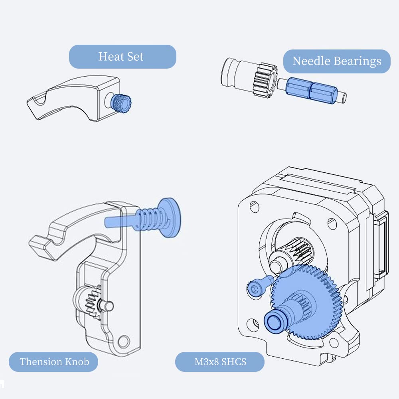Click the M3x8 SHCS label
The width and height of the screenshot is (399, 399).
point(220,362)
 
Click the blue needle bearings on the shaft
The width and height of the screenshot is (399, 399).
point(310,90)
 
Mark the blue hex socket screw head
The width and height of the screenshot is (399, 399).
point(253,288)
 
